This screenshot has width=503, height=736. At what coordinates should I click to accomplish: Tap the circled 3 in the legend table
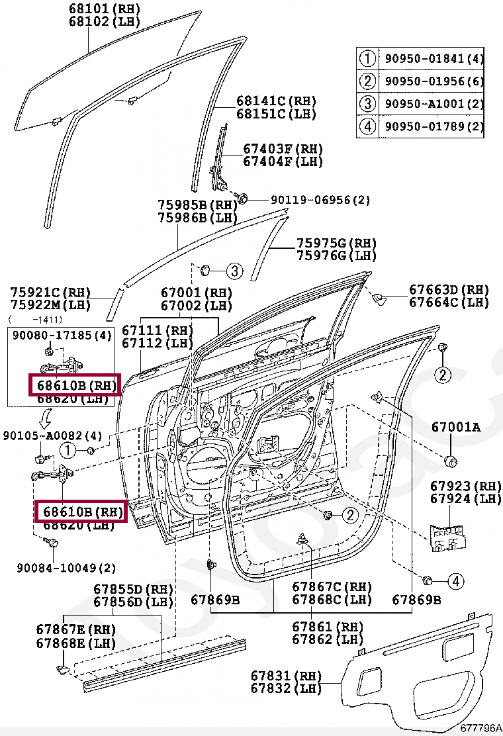click(x=367, y=103)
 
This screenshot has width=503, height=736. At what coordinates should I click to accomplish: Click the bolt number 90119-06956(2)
click(x=320, y=200)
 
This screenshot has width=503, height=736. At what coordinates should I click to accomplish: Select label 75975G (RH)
click(x=336, y=244)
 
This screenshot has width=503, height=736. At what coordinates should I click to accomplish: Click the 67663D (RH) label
click(x=449, y=290)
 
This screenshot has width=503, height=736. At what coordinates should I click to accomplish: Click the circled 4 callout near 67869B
click(x=455, y=581)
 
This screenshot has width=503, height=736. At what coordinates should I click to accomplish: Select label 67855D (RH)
click(x=133, y=590)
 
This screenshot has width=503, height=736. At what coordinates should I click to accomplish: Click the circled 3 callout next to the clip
click(x=234, y=270)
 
